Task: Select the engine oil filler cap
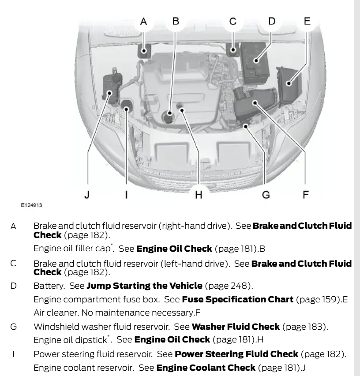click(168, 118)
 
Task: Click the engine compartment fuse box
click(288, 83)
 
